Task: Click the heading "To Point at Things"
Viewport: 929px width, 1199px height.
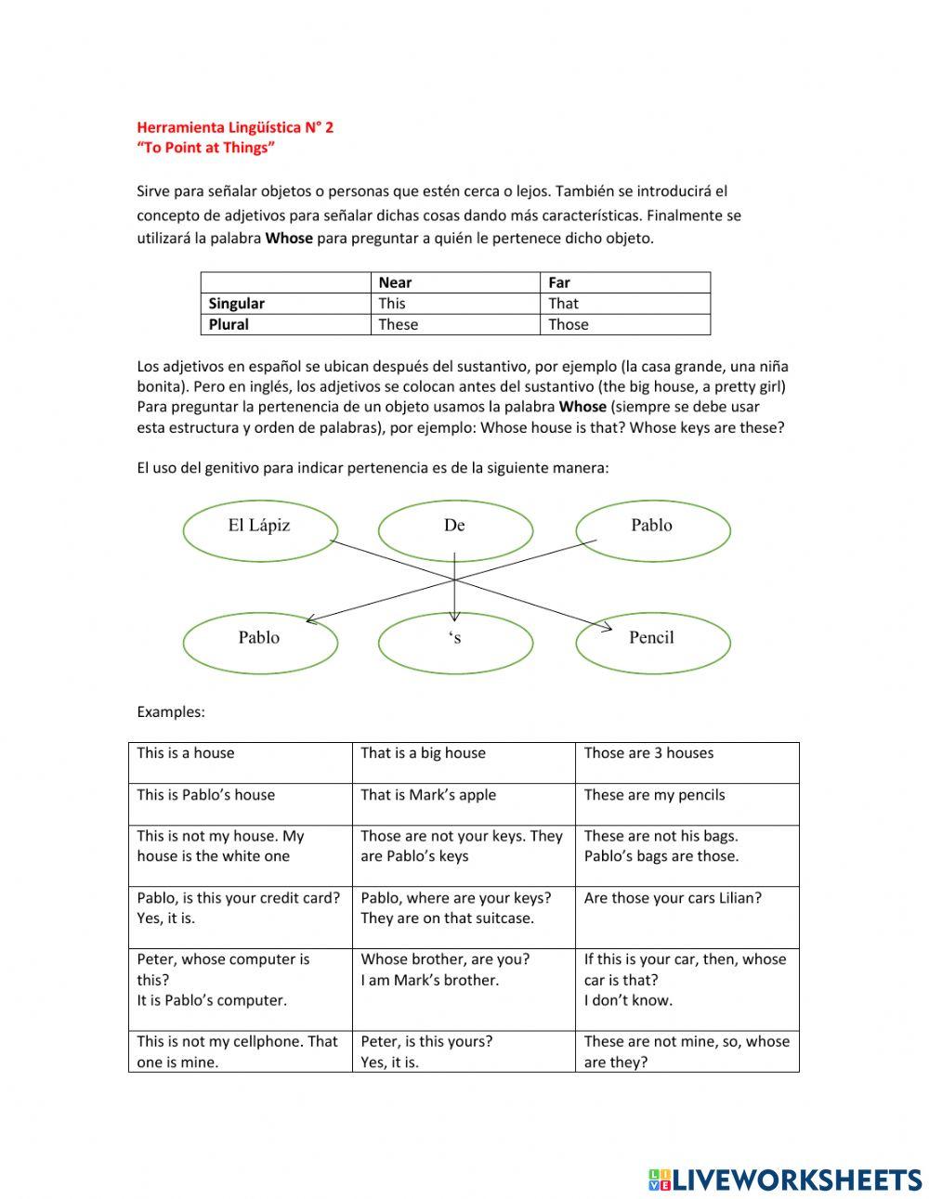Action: coord(205,148)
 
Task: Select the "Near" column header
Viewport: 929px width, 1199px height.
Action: coord(395,282)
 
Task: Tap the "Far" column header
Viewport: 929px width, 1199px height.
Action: coord(559,282)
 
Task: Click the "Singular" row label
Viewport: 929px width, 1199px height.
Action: coord(236,304)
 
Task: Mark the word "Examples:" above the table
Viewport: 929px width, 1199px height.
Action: coord(171,712)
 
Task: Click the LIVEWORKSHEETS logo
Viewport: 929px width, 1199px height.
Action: coord(785,1179)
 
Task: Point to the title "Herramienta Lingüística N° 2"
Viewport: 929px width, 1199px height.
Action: coord(235,127)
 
